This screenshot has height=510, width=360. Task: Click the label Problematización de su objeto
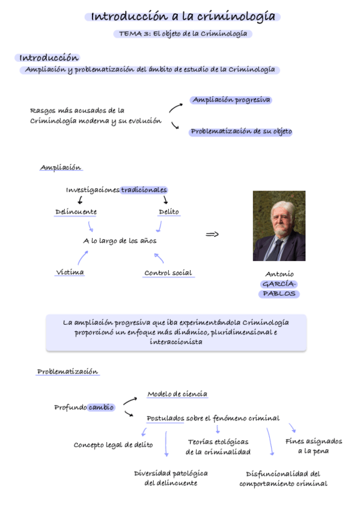(241, 132)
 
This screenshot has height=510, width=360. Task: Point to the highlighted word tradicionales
(144, 190)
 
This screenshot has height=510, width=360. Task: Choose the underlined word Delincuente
(76, 212)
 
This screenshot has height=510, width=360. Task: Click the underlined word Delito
(169, 212)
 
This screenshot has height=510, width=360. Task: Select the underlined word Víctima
(70, 272)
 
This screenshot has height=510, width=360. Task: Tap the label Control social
(168, 273)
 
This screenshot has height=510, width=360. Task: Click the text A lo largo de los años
(120, 241)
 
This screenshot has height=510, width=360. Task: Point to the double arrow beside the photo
(212, 234)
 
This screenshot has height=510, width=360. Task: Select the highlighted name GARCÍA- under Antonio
(279, 284)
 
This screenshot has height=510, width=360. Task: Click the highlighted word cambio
(101, 407)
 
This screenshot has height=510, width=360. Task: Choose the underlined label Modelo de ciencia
(177, 395)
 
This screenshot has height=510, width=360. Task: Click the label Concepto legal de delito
(113, 445)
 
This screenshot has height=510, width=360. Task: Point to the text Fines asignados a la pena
(313, 446)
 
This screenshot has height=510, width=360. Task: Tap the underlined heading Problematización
(68, 372)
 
